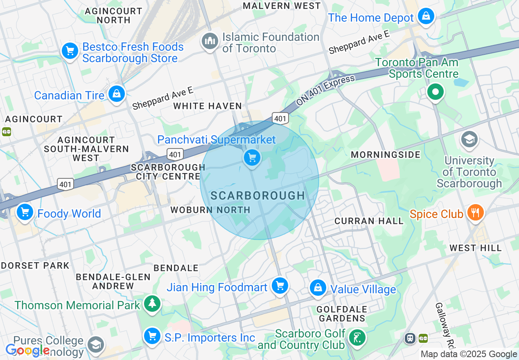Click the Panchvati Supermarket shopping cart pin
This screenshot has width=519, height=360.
point(252,157)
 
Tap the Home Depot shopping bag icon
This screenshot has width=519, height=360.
point(426,17)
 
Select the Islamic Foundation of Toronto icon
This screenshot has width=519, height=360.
point(210,41)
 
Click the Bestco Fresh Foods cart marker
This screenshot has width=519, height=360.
point(70,51)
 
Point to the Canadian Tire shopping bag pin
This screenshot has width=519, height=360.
point(117,94)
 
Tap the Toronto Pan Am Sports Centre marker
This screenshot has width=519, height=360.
point(436,92)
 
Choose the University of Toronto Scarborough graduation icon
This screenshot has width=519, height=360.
point(469,139)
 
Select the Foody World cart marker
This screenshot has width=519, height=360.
point(25,212)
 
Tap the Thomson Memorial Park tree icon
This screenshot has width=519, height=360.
point(152,304)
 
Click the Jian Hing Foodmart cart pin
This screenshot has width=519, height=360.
point(280,286)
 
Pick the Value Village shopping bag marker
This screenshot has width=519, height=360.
point(318,288)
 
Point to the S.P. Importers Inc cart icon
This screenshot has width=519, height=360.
point(152,337)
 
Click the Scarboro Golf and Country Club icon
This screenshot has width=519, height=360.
point(357,338)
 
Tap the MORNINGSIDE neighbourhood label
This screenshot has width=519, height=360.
point(386,155)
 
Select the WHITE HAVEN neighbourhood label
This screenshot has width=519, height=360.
point(208,106)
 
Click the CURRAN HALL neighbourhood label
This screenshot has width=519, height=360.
point(369,221)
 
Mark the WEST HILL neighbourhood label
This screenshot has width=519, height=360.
point(475,248)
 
